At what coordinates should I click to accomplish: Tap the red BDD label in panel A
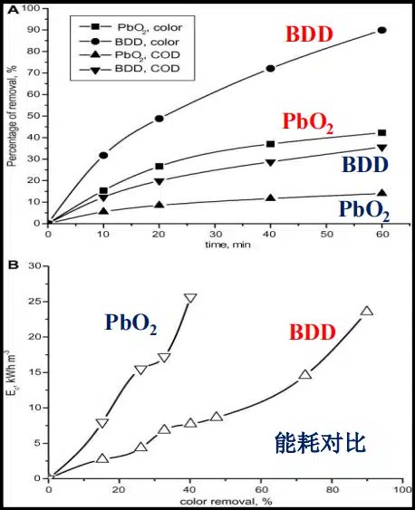pyautogui.click(x=309, y=37)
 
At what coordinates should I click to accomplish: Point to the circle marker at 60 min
pyautogui.click(x=381, y=30)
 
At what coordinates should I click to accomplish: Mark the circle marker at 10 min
pyautogui.click(x=103, y=156)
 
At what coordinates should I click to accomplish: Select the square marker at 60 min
pyautogui.click(x=381, y=133)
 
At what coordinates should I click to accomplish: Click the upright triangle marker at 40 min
pyautogui.click(x=270, y=198)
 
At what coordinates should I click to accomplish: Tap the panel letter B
pyautogui.click(x=13, y=265)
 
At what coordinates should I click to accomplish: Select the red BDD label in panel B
pyautogui.click(x=314, y=332)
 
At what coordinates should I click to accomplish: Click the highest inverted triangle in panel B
pyautogui.click(x=190, y=298)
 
